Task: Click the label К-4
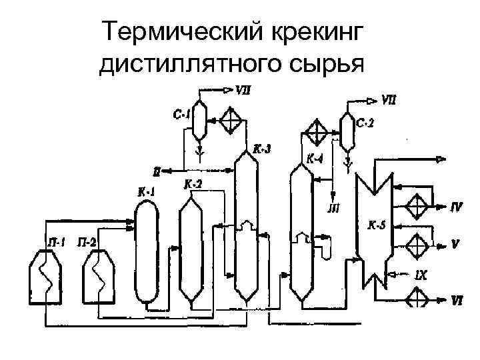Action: point(315,159)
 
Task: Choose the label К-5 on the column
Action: point(377,225)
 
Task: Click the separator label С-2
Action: point(366,122)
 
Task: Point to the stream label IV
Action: point(456,207)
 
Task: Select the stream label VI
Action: point(456,301)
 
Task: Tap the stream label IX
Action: point(421,273)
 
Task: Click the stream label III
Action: point(333,209)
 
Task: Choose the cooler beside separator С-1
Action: point(232,121)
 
